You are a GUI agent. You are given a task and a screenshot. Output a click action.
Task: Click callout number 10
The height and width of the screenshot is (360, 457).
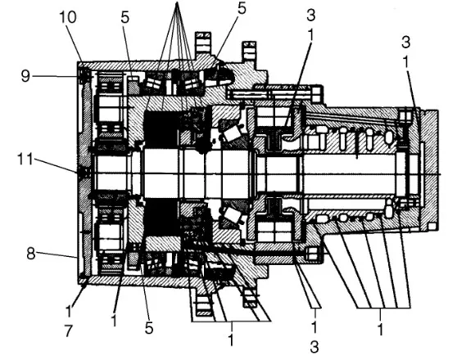click(68, 17)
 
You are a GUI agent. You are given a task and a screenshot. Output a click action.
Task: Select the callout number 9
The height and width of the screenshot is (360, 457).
click(25, 76)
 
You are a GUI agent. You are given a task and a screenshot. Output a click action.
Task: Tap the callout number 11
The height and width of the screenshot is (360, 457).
click(25, 159)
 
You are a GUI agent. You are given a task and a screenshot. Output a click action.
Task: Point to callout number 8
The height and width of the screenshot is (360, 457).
click(31, 254)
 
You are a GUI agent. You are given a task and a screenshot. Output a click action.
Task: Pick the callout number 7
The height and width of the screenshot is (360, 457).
click(68, 331)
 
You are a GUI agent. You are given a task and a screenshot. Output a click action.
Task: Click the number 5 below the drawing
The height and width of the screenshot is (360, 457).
click(149, 328)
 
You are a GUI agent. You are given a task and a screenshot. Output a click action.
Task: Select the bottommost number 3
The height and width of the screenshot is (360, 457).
click(314, 347)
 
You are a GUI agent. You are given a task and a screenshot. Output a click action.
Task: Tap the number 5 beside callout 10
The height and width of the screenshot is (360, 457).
click(125, 17)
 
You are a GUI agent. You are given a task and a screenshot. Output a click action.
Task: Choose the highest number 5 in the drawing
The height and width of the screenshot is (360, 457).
click(242, 8)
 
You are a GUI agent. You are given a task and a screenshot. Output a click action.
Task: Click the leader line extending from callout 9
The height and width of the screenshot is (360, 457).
click(56, 76)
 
